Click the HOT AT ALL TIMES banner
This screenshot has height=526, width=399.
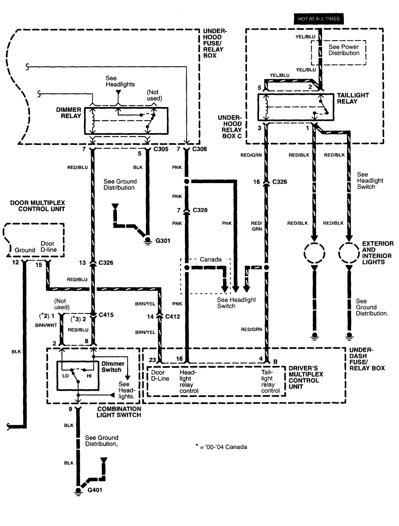[x=319, y=19]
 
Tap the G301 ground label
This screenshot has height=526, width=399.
[x=163, y=241]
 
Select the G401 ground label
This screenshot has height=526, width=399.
[x=95, y=490]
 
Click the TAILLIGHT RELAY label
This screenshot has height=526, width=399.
[x=353, y=98]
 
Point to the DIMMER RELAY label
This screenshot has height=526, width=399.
[x=68, y=113]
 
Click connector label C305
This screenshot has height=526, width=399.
[x=161, y=149]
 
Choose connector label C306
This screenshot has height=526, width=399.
[x=199, y=149]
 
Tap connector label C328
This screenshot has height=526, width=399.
[x=200, y=210]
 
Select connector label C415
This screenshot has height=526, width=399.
[x=106, y=315]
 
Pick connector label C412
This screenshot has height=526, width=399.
[x=173, y=317]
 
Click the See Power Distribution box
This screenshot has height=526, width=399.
[x=344, y=50]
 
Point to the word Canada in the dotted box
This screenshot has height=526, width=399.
[x=210, y=260]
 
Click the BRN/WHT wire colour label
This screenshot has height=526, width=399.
[x=46, y=325]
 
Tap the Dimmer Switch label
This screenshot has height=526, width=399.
[x=113, y=367]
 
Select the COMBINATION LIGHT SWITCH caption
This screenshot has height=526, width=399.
[x=119, y=412]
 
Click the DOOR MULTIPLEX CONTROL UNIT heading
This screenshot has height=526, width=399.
[x=38, y=206]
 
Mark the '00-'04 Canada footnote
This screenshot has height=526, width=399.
[x=221, y=447]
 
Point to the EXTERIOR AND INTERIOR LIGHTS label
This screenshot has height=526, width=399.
[x=378, y=253]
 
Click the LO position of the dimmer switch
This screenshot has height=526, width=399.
[x=65, y=376]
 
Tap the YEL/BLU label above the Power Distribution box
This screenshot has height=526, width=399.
[x=305, y=36]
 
